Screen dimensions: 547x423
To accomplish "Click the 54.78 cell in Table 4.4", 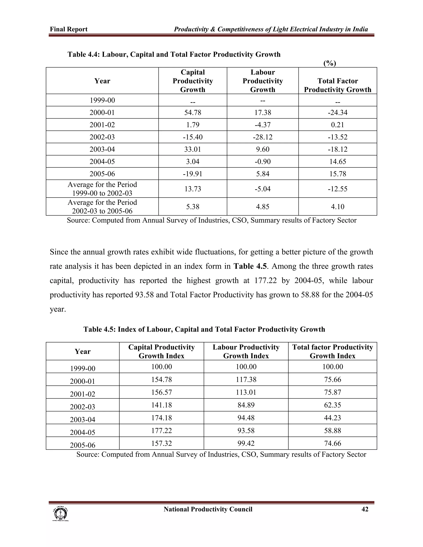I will click(192, 112).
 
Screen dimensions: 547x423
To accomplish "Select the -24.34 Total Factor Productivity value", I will click(337, 112).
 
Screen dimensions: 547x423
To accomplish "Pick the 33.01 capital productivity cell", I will click(192, 149).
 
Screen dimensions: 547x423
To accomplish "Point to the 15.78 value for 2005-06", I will click(337, 174).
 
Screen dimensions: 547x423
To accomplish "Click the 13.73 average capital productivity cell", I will click(192, 189).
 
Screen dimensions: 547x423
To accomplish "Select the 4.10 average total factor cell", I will click(337, 207).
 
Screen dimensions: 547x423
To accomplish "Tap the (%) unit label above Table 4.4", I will click(329, 63).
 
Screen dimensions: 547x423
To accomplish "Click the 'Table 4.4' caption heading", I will click(174, 54).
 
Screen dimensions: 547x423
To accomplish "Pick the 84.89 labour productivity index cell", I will click(246, 405).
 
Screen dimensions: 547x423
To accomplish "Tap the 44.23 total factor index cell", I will click(332, 418).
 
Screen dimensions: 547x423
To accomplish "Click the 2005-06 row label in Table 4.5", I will click(82, 445).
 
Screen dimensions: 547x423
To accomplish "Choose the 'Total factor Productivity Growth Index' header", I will click(332, 351).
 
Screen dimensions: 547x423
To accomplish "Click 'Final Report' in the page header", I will click(69, 29).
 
